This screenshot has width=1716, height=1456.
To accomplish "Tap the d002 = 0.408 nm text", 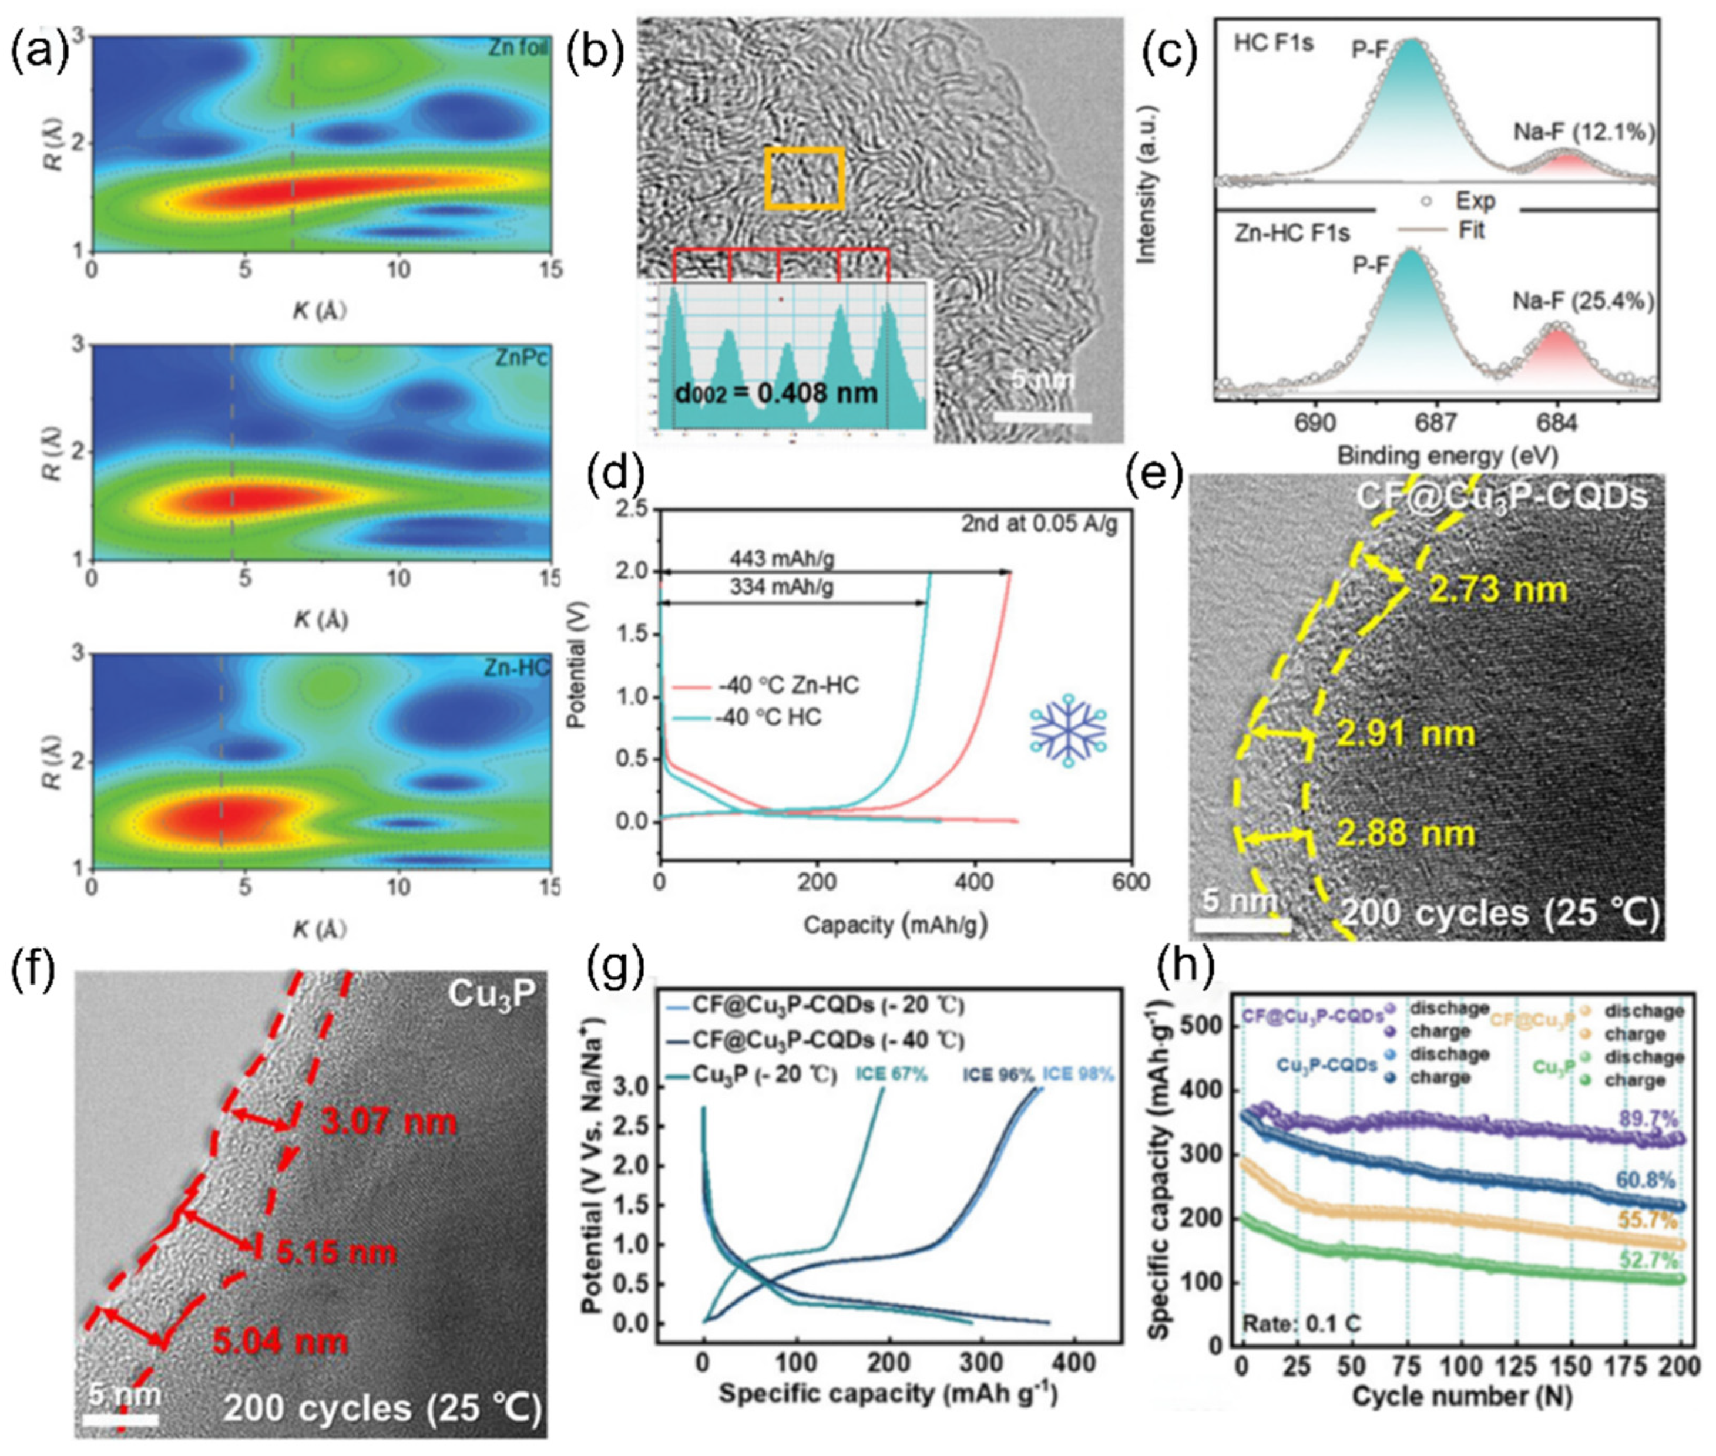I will (x=775, y=392).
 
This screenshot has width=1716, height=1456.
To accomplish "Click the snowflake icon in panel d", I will (x=1068, y=730).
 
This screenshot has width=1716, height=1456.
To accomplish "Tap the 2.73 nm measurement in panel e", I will (x=1496, y=589).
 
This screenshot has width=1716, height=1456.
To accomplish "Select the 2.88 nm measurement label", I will (x=1405, y=833).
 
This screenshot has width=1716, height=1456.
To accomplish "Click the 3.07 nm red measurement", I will (x=387, y=1122).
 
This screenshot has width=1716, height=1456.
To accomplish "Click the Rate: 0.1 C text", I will (x=1300, y=1324).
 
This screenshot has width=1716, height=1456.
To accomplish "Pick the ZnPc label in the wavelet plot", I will (x=521, y=358).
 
